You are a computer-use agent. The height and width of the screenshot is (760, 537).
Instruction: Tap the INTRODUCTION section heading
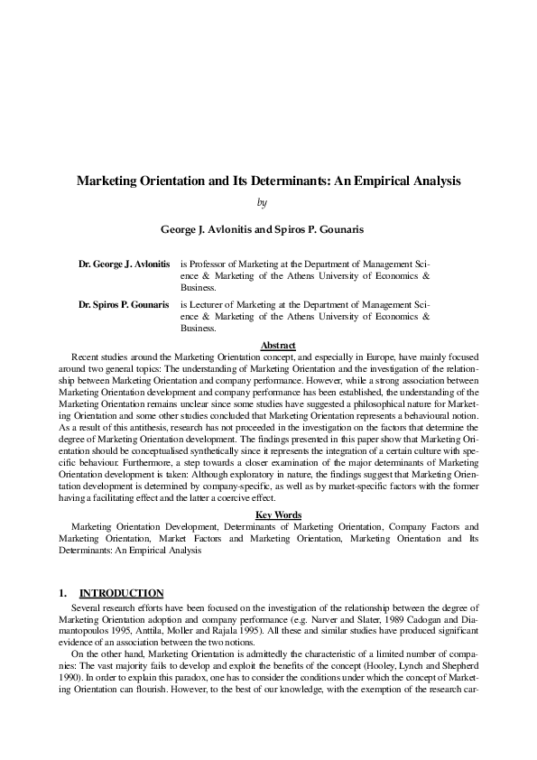point(122,594)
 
